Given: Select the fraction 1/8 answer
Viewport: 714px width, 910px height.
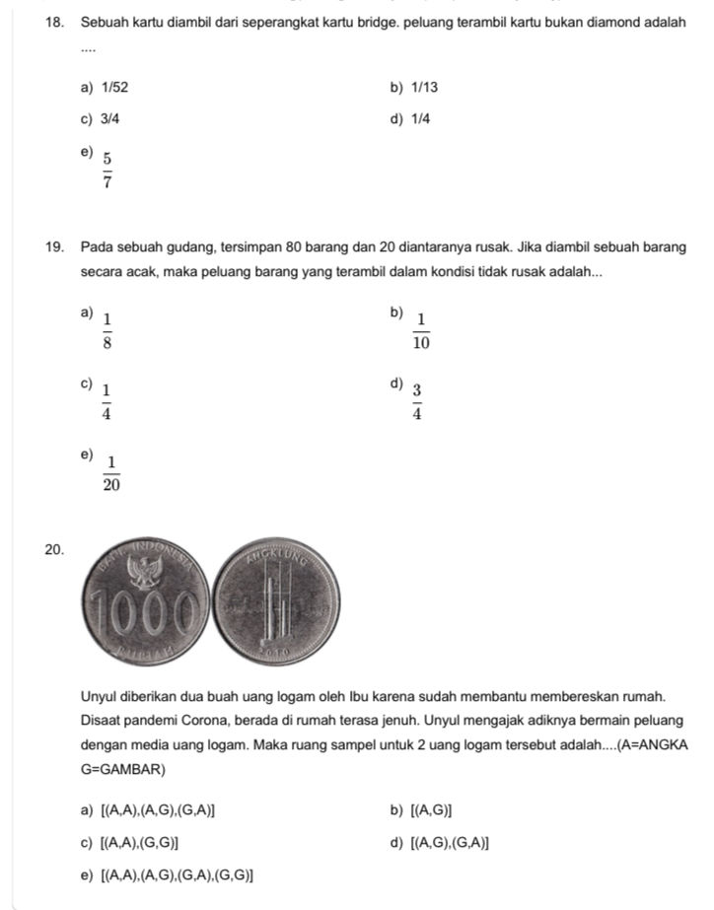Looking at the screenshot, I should coord(107,329).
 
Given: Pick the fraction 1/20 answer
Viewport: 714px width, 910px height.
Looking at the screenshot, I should coord(110,474).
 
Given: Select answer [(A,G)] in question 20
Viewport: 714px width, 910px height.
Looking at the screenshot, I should coord(431,810).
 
